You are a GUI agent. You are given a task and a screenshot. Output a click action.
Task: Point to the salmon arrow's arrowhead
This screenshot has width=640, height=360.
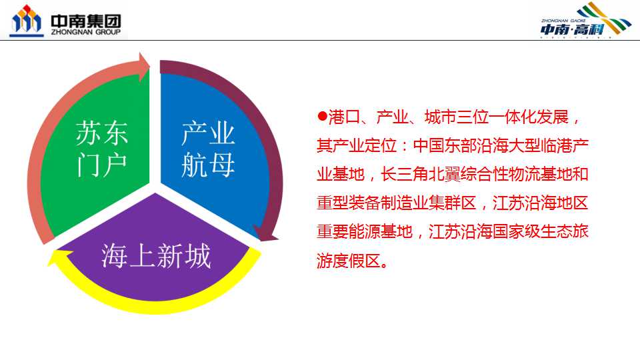[x=144, y=67]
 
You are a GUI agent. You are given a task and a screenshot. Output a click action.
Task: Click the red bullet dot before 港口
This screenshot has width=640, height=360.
[x=323, y=116]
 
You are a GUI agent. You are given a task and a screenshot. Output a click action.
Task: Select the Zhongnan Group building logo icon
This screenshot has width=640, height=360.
[x=26, y=21]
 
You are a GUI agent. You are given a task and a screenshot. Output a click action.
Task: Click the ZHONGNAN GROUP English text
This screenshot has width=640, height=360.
[x=86, y=32]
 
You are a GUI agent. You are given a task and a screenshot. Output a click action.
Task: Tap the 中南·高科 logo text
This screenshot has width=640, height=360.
[x=572, y=29]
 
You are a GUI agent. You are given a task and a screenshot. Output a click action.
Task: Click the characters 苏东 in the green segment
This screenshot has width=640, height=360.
[x=101, y=133]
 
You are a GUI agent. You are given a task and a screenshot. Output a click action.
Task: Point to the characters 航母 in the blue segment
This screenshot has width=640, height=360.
[x=208, y=165]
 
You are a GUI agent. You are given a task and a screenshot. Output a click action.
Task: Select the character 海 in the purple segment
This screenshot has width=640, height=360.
[x=114, y=256]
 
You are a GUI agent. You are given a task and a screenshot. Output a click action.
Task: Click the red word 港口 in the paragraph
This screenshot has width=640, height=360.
[x=344, y=117]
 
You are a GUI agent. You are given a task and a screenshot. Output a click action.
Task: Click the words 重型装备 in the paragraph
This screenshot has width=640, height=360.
[x=349, y=203]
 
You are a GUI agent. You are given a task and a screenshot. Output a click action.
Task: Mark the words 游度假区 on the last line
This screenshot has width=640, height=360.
[x=349, y=261]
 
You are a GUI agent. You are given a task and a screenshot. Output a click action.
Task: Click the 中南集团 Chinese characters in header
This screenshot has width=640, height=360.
[x=86, y=20]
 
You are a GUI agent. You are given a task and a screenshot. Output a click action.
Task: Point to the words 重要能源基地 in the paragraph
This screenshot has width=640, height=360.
[x=365, y=231]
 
